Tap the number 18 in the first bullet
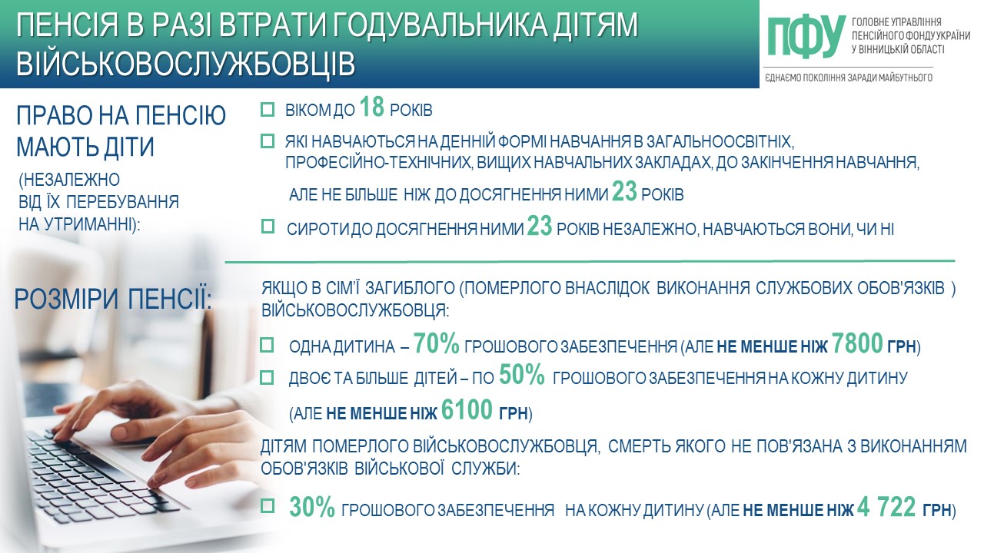point(371,108)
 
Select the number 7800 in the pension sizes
point(857,343)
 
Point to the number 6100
point(467,410)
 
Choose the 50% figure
point(522,376)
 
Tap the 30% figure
point(312,508)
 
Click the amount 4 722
point(886,508)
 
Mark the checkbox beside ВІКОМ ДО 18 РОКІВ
point(267,109)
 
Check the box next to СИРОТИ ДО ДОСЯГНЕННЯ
point(268,227)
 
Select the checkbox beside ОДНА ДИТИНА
point(267,345)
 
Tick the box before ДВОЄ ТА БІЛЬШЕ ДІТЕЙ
point(267,377)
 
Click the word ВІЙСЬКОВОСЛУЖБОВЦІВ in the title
point(186,64)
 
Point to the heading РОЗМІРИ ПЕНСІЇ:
point(113,299)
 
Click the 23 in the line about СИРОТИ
point(540,226)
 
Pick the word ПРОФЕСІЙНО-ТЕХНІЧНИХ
point(379,162)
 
